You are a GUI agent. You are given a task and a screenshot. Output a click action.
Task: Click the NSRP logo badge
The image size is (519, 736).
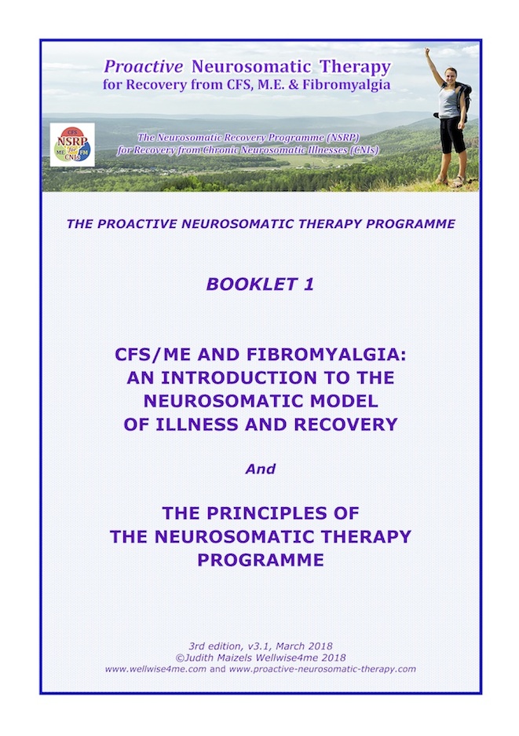72,145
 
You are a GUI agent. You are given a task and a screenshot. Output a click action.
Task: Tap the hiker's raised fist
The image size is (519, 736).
427,50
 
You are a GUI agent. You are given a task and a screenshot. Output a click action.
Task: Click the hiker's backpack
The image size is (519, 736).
464,101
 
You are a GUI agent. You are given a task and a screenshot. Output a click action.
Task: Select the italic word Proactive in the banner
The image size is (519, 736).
144,67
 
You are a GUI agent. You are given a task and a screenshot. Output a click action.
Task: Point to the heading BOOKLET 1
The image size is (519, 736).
260,285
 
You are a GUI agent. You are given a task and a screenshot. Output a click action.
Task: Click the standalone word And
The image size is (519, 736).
260,469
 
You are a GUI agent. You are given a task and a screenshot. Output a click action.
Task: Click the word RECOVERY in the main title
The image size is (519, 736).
345,425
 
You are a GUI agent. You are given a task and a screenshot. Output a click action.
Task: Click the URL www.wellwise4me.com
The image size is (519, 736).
155,669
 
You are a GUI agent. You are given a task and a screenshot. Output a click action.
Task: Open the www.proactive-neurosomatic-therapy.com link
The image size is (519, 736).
323,669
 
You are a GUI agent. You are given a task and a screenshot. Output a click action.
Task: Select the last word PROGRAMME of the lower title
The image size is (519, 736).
260,560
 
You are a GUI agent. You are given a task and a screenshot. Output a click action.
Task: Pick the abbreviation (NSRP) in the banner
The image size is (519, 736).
342,138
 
